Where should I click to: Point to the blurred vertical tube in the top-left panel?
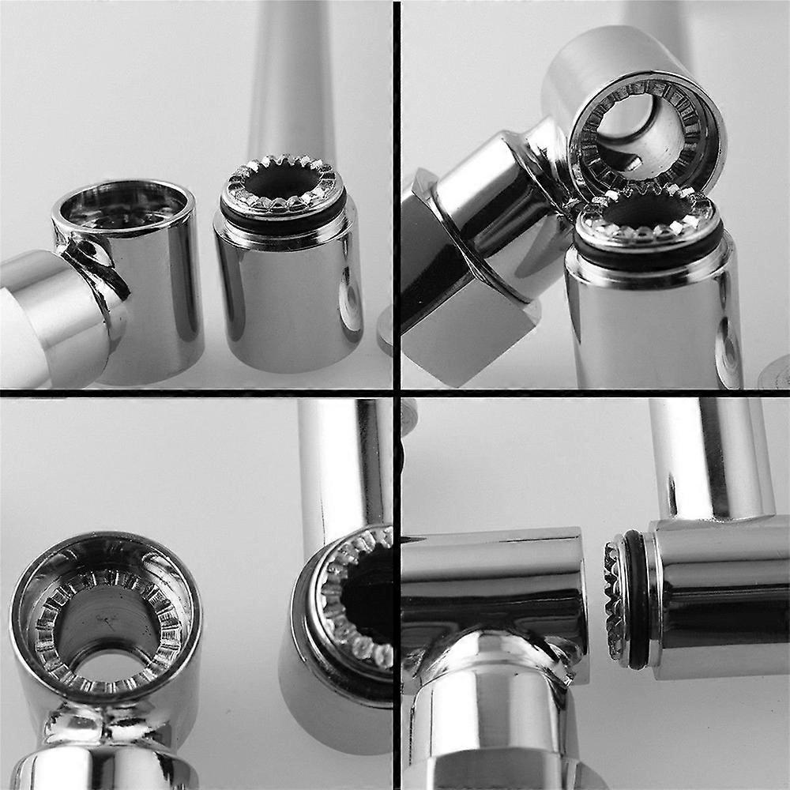pyautogui.click(x=292, y=79)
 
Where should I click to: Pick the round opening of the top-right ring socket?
pyautogui.click(x=640, y=126)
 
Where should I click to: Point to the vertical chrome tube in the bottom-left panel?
pyautogui.click(x=340, y=466)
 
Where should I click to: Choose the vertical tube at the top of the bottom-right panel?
pyautogui.click(x=707, y=458)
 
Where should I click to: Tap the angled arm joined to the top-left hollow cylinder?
pyautogui.click(x=55, y=316)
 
